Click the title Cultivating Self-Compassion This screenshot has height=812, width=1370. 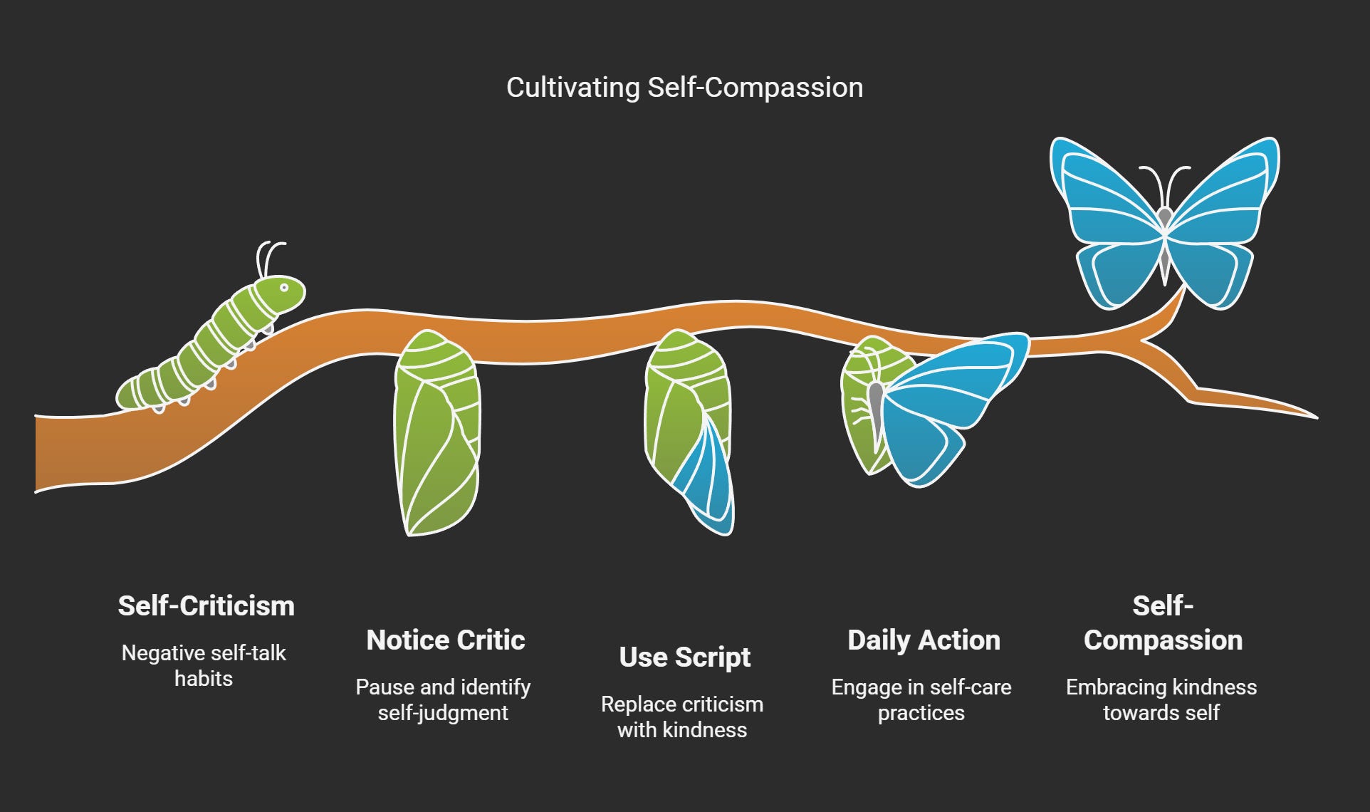pos(684,88)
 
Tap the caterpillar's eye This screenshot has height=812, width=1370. pos(283,288)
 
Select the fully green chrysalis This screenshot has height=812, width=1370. pos(437,433)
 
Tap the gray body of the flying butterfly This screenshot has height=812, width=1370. pos(1164,242)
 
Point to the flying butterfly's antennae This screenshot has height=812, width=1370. pos(1164,182)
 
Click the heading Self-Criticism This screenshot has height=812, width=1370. pos(206,606)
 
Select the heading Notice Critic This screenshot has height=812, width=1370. pos(446,640)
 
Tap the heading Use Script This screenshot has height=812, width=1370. pos(684,657)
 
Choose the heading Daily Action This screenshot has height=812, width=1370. pos(924,640)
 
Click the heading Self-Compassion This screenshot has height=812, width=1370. pos(1163,623)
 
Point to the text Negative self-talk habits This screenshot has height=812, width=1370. pos(204,665)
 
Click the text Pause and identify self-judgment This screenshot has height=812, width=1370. pos(443,699)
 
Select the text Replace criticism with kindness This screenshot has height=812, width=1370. pos(682,717)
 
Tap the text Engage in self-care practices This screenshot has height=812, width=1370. pos(921,699)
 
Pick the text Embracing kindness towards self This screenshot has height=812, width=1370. pos(1161,699)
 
